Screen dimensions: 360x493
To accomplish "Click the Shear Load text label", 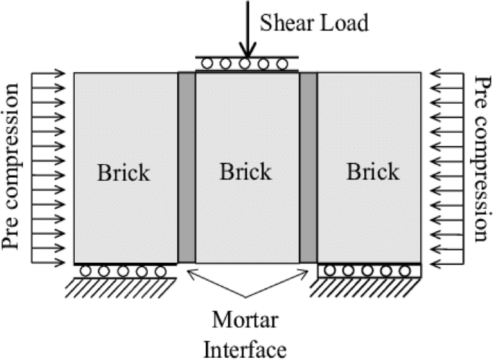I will (315, 24).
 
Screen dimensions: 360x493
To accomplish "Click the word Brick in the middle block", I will (246, 172).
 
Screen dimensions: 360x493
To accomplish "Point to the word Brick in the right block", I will (372, 173).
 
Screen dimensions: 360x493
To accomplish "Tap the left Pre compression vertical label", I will (14, 166).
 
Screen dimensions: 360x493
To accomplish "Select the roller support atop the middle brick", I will (247, 63).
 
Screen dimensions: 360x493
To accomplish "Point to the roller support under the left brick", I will (124, 271).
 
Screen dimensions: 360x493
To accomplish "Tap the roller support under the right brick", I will (369, 271).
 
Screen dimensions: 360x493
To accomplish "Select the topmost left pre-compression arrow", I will (51, 73).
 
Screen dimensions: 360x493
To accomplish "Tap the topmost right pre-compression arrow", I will (443, 73).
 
